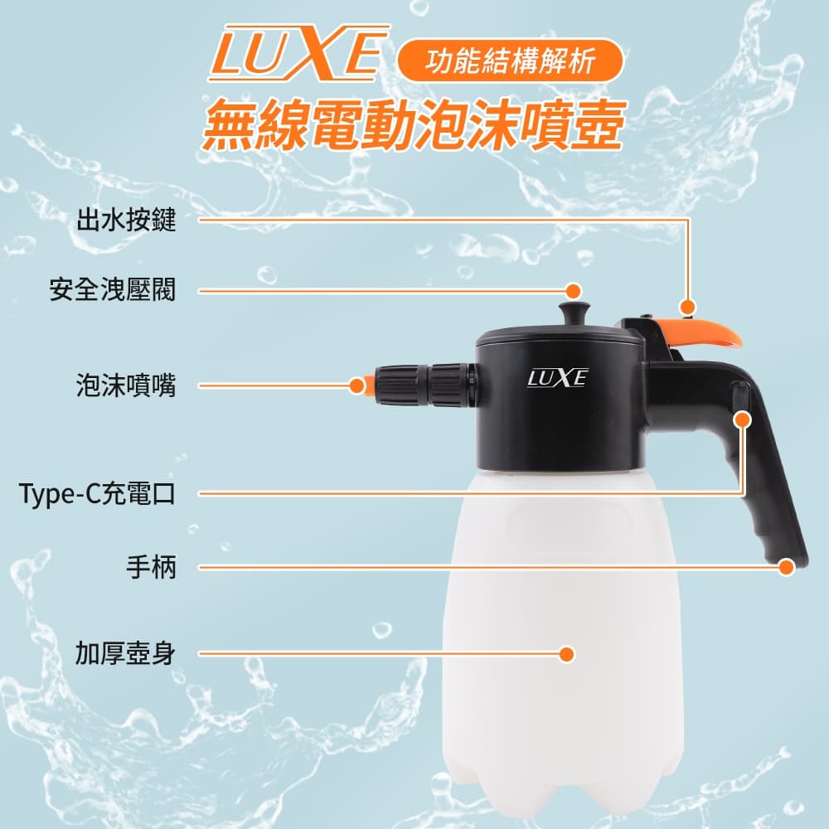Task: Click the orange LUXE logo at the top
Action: (298, 53)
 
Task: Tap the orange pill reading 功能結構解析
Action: (510, 60)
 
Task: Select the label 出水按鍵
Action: (126, 220)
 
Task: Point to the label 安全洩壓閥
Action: (112, 289)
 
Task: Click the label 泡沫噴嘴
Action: (126, 385)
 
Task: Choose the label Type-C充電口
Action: (97, 494)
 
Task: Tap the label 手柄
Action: (151, 567)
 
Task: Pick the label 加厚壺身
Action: (126, 653)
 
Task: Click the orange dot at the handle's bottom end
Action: (787, 567)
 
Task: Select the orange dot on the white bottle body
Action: (567, 654)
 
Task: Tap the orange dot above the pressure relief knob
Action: (573, 291)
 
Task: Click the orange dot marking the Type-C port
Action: (743, 419)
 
